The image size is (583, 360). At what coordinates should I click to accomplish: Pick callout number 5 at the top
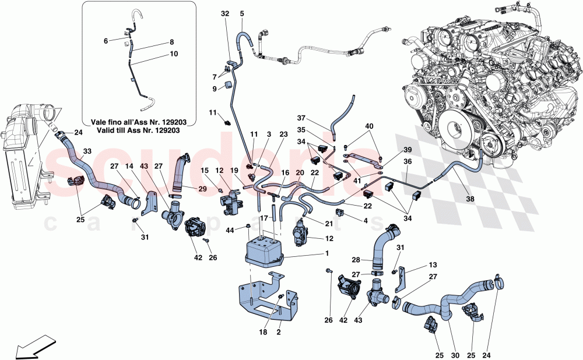point(242,13)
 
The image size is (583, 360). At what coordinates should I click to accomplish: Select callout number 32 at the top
point(226,13)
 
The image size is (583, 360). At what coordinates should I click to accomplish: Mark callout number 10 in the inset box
point(173,54)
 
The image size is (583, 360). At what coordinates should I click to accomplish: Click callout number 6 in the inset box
point(106,41)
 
